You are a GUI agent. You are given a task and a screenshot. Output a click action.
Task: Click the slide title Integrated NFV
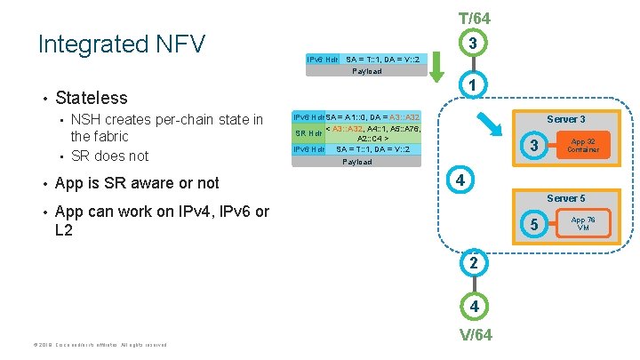point(122,44)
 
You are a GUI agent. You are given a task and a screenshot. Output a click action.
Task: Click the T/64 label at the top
point(474,18)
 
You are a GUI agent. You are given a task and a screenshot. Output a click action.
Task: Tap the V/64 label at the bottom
point(474,334)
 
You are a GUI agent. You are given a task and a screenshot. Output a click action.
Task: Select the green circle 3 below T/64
point(474,44)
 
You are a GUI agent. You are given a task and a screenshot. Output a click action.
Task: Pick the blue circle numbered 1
point(474,85)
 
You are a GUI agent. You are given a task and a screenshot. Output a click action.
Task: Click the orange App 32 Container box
point(583,144)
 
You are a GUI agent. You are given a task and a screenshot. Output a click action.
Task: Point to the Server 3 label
point(565,119)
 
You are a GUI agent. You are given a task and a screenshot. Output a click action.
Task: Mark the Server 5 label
point(565,197)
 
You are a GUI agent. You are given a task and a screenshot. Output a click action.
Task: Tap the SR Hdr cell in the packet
point(308,133)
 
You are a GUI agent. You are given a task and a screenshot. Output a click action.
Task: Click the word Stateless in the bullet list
point(91,98)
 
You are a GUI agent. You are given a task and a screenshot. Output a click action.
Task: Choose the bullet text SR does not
point(109,156)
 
